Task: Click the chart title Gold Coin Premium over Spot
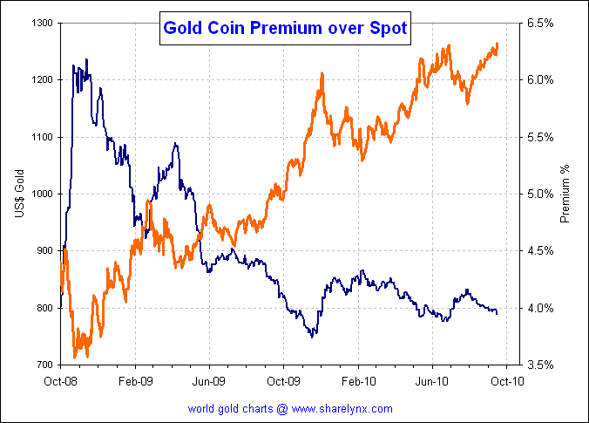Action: pyautogui.click(x=285, y=29)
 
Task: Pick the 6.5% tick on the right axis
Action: pyautogui.click(x=541, y=22)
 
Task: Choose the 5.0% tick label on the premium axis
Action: pyautogui.click(x=541, y=194)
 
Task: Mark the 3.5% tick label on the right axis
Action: pyautogui.click(x=541, y=365)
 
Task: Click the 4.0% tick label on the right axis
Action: pyautogui.click(x=541, y=308)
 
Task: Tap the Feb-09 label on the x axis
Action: pyautogui.click(x=136, y=380)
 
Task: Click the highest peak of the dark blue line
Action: pyautogui.click(x=86, y=60)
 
